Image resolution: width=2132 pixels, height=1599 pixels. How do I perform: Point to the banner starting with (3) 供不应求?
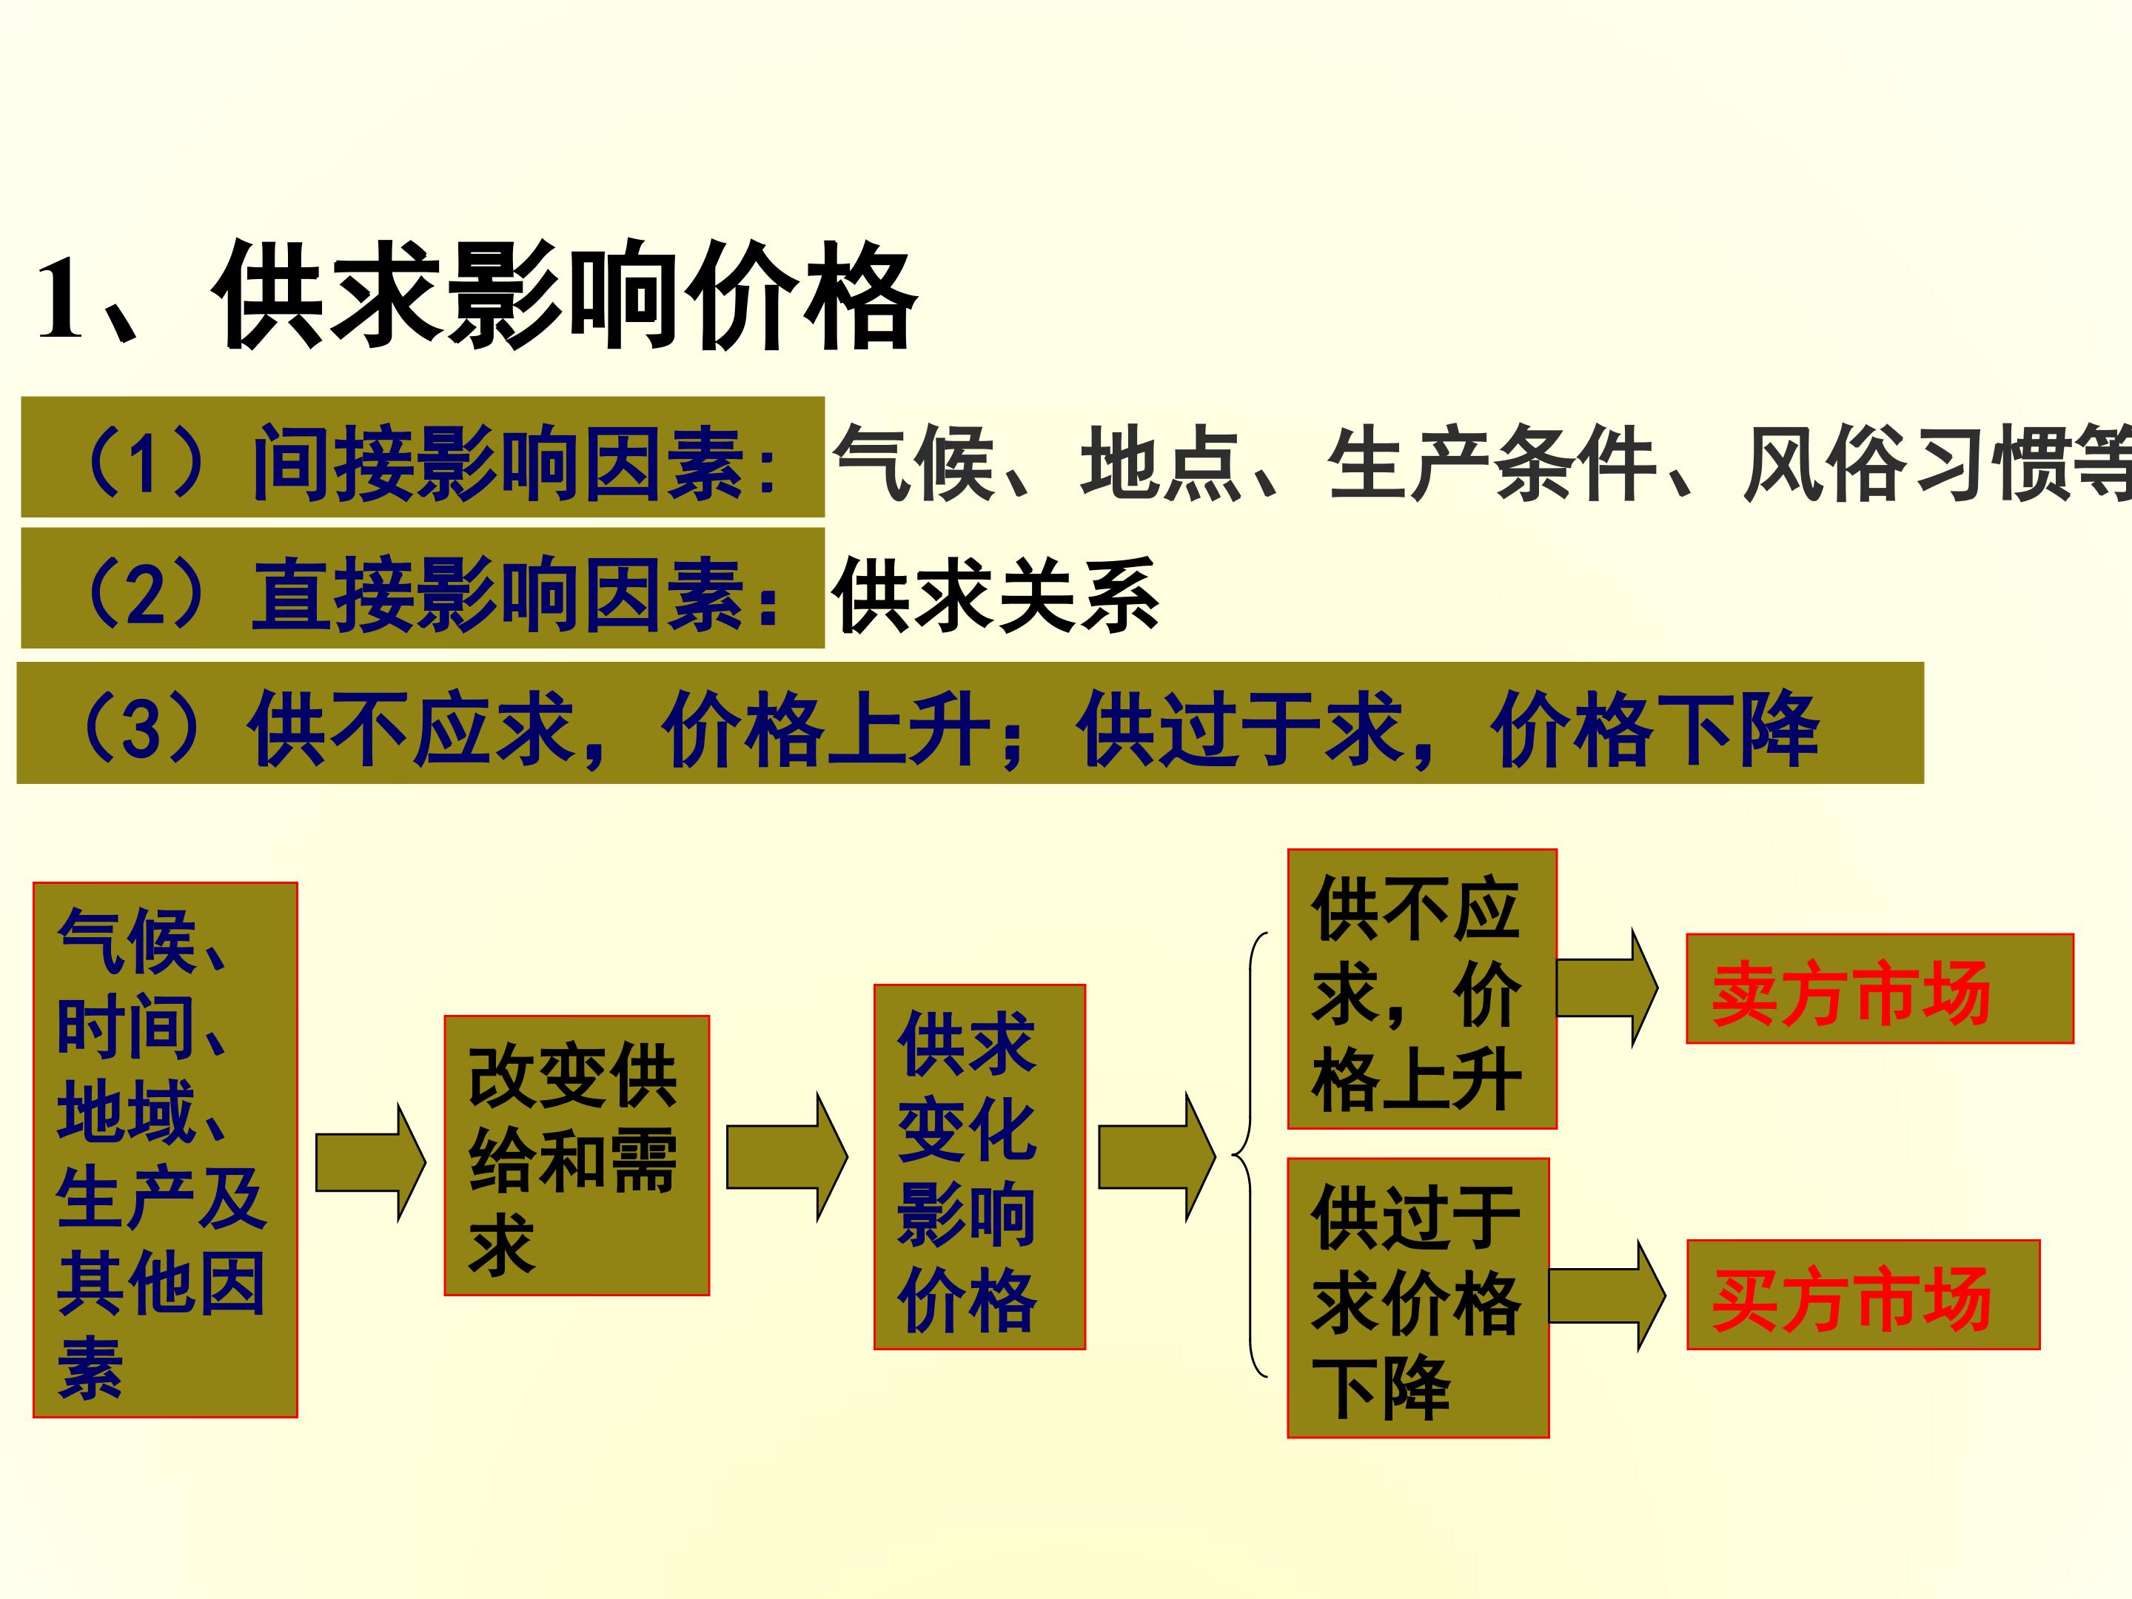click(x=971, y=723)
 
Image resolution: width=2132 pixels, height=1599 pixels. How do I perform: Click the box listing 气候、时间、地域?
click(x=165, y=1149)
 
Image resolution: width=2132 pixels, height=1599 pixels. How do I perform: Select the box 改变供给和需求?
click(x=577, y=1156)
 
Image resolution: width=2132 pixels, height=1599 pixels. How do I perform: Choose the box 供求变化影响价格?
click(x=979, y=1166)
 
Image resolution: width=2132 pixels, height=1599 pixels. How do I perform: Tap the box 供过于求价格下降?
click(x=1418, y=1297)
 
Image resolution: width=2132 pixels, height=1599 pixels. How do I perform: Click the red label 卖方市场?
click(x=1880, y=989)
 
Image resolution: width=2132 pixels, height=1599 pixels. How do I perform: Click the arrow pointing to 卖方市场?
click(x=1606, y=988)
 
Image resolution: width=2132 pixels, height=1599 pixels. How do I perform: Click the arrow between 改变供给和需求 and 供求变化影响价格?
click(x=786, y=1156)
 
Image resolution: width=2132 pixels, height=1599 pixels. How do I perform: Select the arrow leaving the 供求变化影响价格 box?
click(x=1156, y=1156)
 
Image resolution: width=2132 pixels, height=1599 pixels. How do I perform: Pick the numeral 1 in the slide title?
click(x=60, y=299)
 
